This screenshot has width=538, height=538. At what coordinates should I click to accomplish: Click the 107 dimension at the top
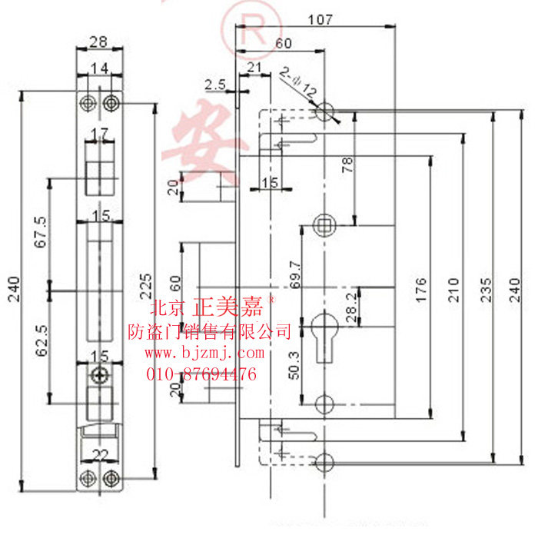click(320, 19)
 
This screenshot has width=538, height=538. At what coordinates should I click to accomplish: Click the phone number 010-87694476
click(201, 374)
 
